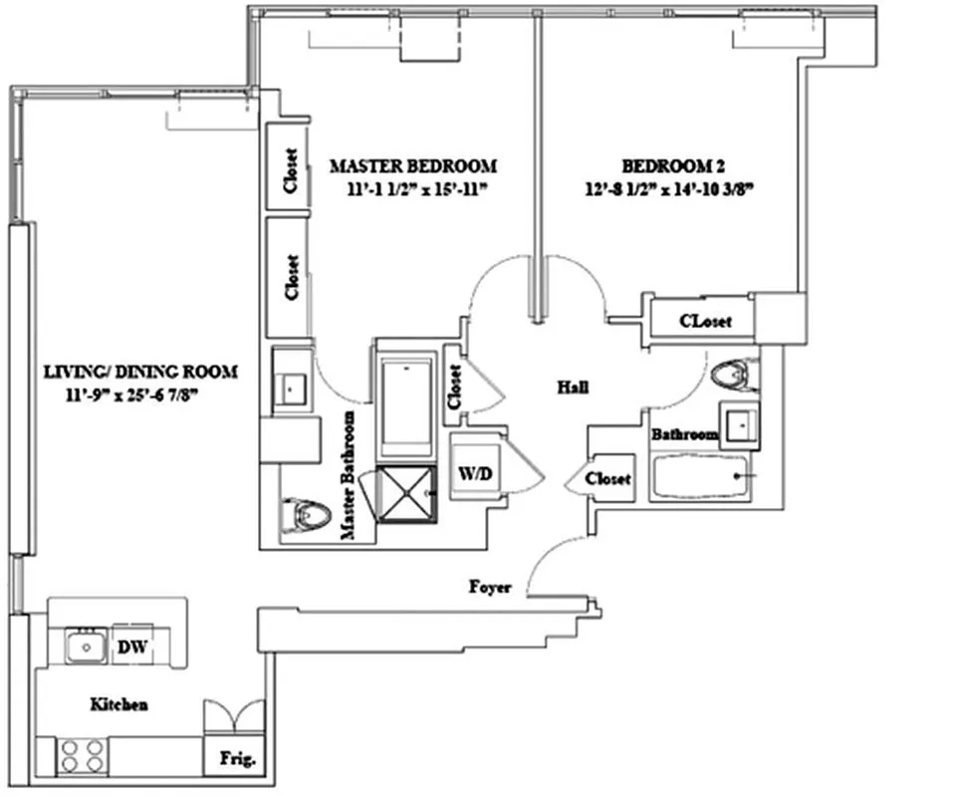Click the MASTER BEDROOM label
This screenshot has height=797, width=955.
[x=412, y=165]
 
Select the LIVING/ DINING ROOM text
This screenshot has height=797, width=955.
[x=140, y=373]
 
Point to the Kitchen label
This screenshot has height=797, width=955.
[x=119, y=704]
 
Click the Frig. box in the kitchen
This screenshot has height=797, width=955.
[x=238, y=759]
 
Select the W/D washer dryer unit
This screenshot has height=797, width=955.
[x=475, y=474]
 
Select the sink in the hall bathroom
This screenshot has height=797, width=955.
[x=738, y=424]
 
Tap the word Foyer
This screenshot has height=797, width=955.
[x=490, y=588]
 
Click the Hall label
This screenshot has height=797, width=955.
[x=572, y=389]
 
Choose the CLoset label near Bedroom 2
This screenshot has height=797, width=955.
[x=705, y=322]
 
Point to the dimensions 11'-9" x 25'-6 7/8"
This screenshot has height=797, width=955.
[x=140, y=395]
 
